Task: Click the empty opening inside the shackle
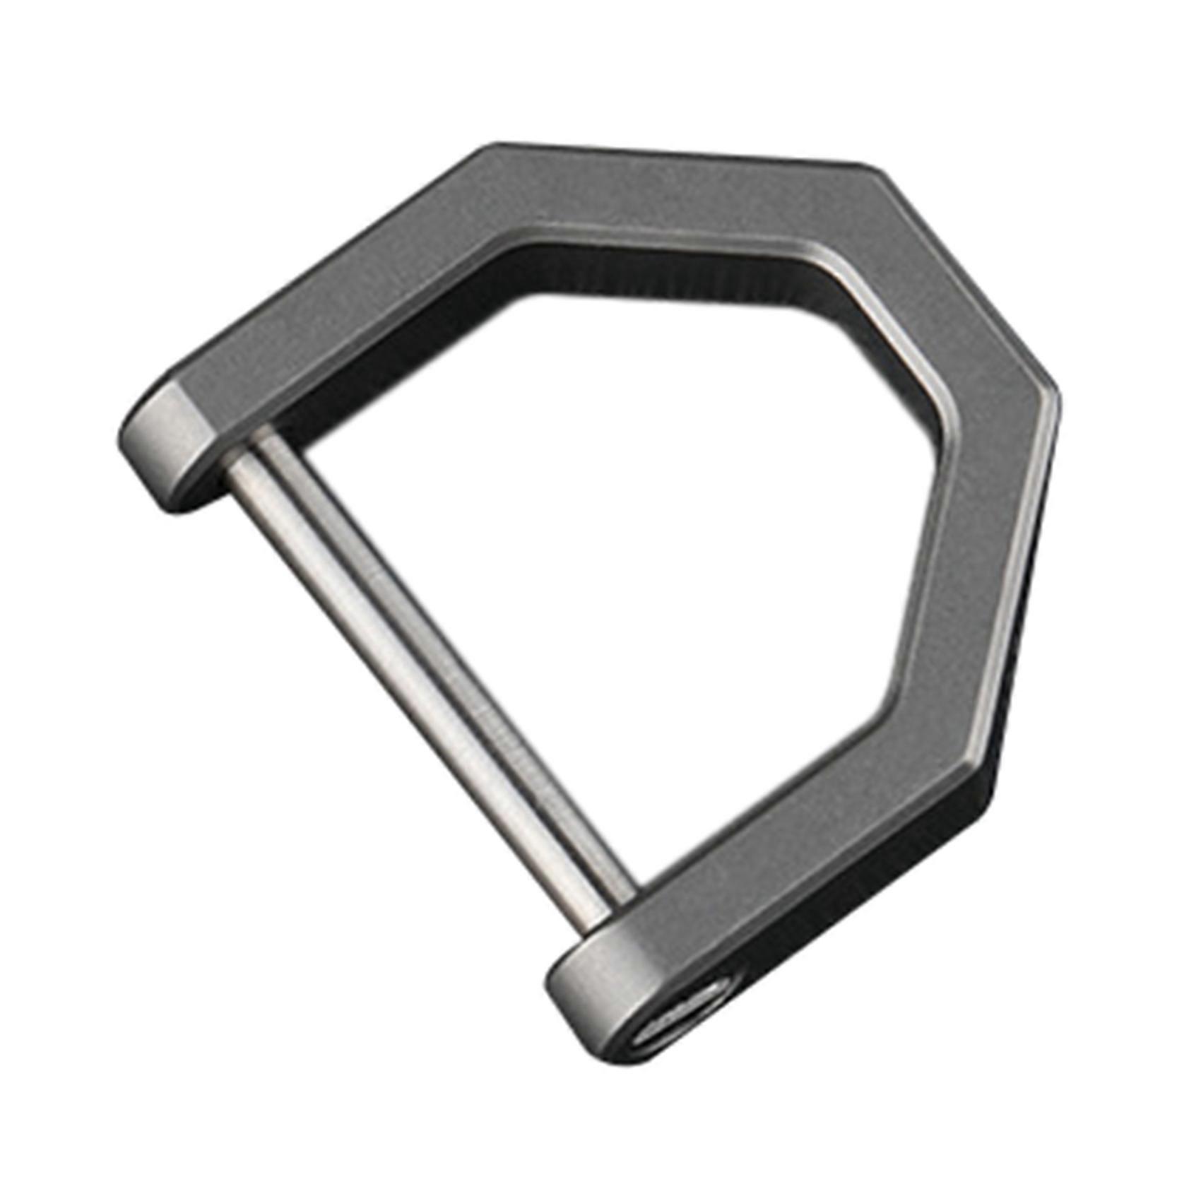tap(636, 530)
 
